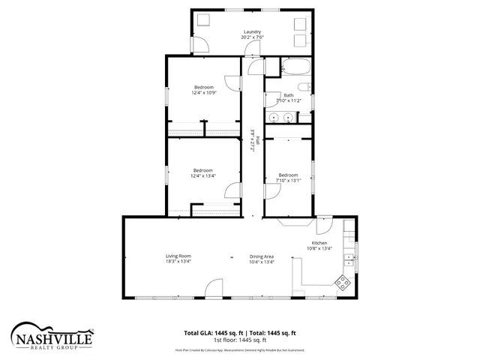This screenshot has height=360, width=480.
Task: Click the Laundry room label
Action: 251,31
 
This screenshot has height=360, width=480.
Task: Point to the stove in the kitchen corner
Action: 343,283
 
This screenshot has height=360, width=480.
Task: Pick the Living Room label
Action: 178,256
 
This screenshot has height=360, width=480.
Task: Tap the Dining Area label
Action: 262,256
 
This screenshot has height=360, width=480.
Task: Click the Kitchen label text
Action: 319,244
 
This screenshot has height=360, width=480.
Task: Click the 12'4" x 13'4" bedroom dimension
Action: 203,176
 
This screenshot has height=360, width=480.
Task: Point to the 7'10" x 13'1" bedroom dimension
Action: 288,180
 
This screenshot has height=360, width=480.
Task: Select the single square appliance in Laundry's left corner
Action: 203,22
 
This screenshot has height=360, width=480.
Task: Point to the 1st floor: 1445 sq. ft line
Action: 240,340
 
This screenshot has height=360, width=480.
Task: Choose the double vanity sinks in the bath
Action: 280,117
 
